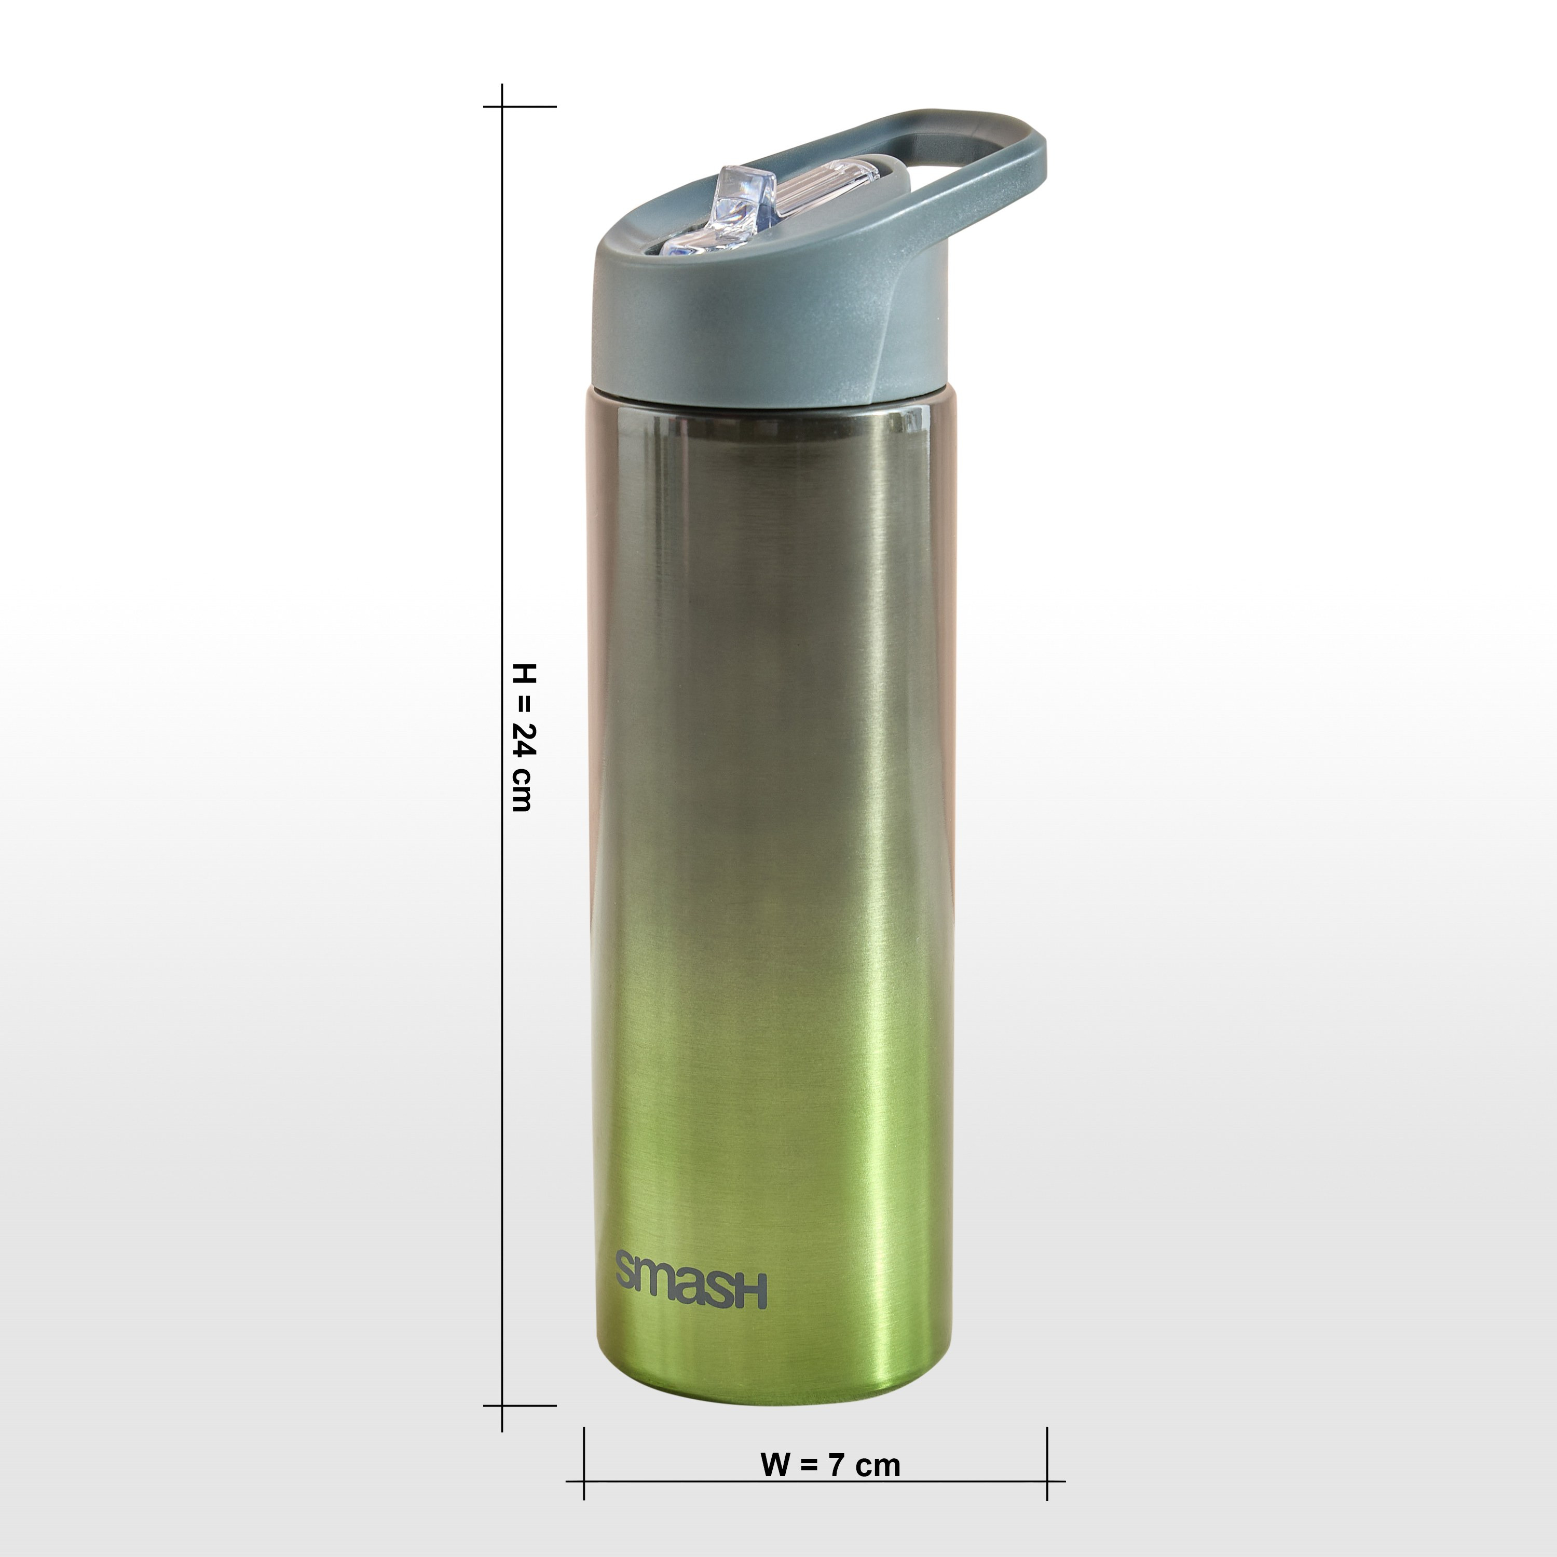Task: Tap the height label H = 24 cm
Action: pos(523,737)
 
